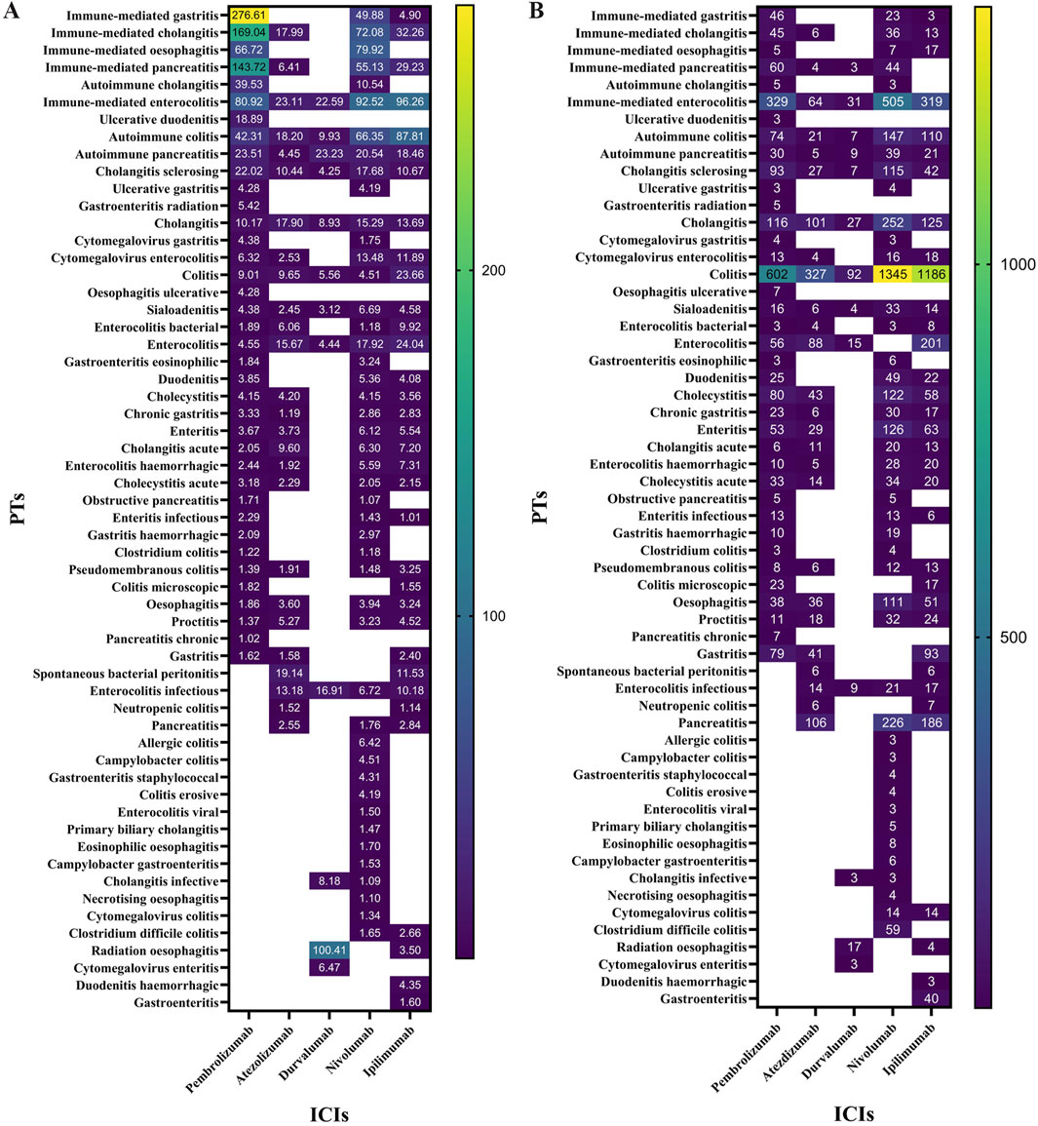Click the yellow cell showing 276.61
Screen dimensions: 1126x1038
pos(250,17)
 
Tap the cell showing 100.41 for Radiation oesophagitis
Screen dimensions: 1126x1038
pos(329,951)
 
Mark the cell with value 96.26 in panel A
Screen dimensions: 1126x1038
pos(409,102)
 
